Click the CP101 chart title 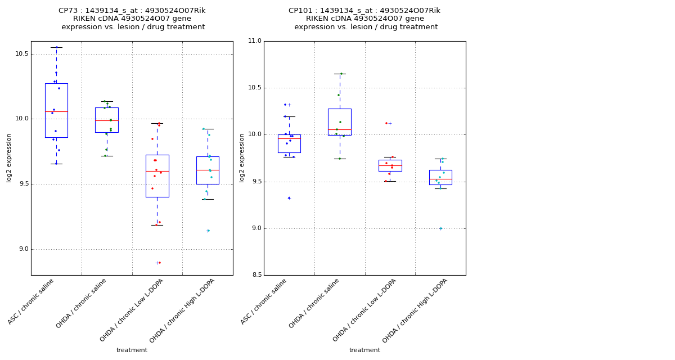365,19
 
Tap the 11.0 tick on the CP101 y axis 255,41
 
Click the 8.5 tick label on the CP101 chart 255,275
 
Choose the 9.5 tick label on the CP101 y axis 255,182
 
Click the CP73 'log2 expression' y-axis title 9,158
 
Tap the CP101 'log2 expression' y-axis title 242,158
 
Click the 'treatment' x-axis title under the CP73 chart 132,350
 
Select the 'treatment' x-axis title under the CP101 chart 364,350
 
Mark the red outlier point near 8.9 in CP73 159,263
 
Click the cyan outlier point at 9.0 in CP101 440,228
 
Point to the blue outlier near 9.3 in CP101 289,198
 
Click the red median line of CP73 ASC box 56,111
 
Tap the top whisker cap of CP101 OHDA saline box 340,74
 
